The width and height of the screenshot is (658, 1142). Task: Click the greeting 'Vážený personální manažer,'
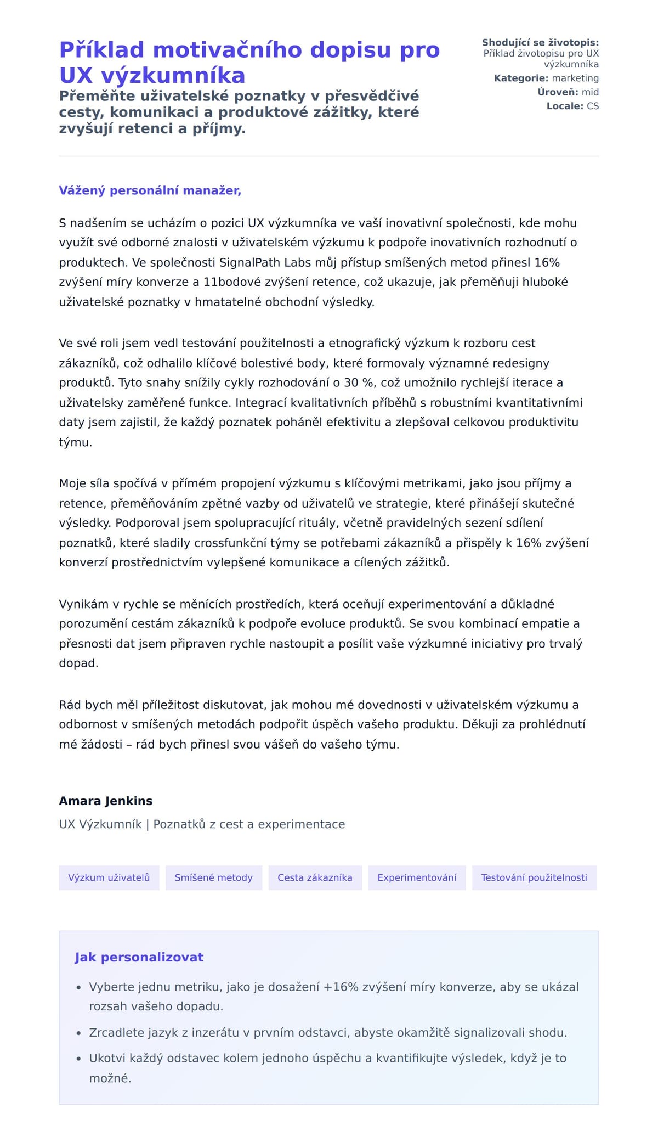click(150, 190)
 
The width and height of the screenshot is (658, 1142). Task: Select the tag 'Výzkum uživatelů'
click(109, 877)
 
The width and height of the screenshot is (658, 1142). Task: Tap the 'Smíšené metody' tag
click(213, 877)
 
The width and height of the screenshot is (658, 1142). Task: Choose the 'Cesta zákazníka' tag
click(315, 877)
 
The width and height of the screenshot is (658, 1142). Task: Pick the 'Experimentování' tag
click(417, 877)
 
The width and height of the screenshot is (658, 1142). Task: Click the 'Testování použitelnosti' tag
click(534, 877)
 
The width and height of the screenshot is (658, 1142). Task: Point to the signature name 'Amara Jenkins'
click(106, 801)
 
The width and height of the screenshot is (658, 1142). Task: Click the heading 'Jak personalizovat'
click(139, 957)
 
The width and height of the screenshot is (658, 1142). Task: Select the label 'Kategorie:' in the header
click(521, 78)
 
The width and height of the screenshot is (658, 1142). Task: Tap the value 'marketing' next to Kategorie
click(575, 78)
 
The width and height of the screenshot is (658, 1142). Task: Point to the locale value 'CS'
click(593, 106)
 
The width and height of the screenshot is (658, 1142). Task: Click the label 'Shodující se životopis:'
click(540, 43)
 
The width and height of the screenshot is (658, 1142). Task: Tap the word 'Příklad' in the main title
click(101, 50)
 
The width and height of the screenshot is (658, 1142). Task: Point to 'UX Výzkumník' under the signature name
click(100, 824)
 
